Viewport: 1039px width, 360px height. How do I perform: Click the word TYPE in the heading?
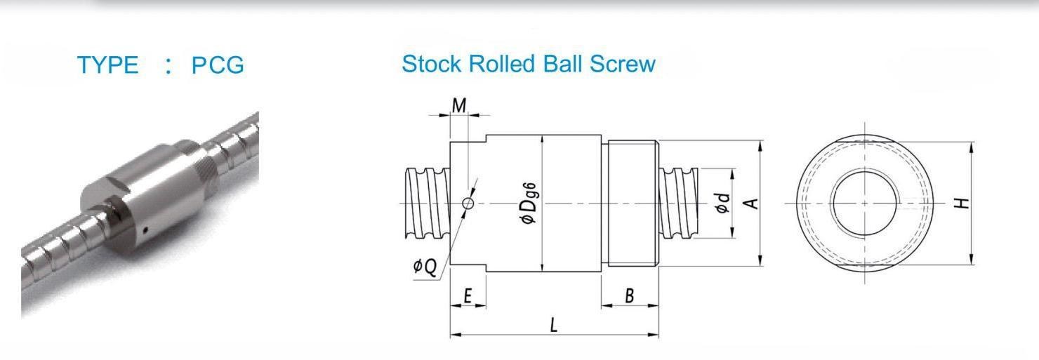tap(107, 65)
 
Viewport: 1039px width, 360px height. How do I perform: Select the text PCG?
tap(218, 65)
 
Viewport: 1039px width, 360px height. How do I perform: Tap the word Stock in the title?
tap(431, 64)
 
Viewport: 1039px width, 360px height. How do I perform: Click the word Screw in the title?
tap(623, 64)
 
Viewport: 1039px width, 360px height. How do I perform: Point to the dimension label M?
tap(458, 106)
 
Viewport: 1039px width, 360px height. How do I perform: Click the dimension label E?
tap(468, 295)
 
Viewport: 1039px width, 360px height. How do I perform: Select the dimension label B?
tap(630, 295)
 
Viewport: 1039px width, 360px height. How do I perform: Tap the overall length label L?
tap(553, 325)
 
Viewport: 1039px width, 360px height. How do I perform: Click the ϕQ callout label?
tap(425, 267)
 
